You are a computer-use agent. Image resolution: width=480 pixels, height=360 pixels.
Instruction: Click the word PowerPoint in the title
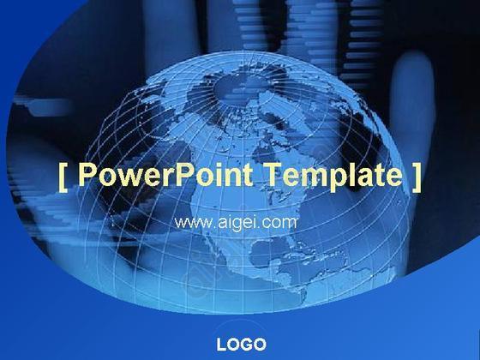(x=165, y=174)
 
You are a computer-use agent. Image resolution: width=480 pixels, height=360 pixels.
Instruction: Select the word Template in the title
(x=333, y=175)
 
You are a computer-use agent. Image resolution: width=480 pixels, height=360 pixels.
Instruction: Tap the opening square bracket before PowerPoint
(x=63, y=178)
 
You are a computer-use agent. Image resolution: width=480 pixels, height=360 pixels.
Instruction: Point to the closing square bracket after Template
(x=417, y=178)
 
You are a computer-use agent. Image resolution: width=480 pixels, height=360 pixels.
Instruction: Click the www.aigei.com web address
(x=235, y=223)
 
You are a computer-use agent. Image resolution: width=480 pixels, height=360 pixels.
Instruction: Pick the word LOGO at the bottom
(x=241, y=345)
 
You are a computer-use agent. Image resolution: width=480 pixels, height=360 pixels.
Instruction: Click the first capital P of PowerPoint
(x=87, y=174)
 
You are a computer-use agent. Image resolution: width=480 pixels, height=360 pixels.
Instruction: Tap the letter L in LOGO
(x=221, y=345)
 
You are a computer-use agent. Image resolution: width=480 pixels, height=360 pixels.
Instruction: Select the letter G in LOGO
(x=248, y=345)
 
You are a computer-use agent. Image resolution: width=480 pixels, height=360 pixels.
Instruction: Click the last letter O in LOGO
(x=261, y=345)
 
